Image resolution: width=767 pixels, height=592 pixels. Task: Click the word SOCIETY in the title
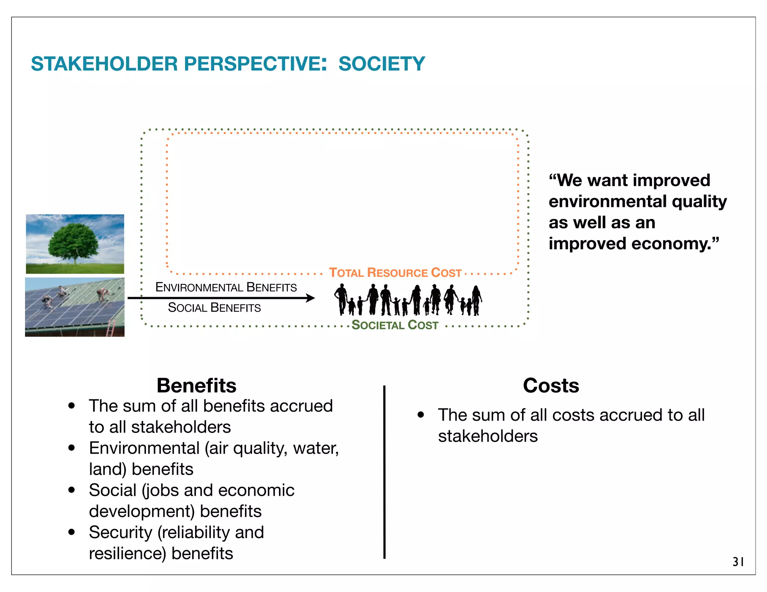[382, 64]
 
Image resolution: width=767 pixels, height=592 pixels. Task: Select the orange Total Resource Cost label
[395, 272]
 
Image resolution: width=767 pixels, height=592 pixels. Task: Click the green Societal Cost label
[395, 325]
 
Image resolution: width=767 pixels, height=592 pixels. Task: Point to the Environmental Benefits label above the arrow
[226, 287]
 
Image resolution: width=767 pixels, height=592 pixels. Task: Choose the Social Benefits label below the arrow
[214, 308]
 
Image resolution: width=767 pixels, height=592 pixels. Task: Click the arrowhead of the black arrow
[310, 298]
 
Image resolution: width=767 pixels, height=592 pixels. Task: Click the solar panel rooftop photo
[75, 307]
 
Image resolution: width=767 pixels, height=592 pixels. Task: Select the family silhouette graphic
[408, 300]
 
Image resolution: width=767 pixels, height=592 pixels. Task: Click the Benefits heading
[196, 385]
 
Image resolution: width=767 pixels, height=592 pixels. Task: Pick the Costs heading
[551, 385]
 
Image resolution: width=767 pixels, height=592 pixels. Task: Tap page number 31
[738, 562]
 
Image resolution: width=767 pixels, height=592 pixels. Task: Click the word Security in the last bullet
[120, 532]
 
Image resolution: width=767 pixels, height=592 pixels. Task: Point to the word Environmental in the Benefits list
[144, 448]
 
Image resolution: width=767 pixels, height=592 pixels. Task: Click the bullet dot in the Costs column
[421, 415]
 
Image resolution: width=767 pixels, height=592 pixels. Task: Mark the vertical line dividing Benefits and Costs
[384, 472]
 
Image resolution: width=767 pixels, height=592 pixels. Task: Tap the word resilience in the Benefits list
[127, 553]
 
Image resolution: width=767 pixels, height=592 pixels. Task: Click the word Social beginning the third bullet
[112, 490]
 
